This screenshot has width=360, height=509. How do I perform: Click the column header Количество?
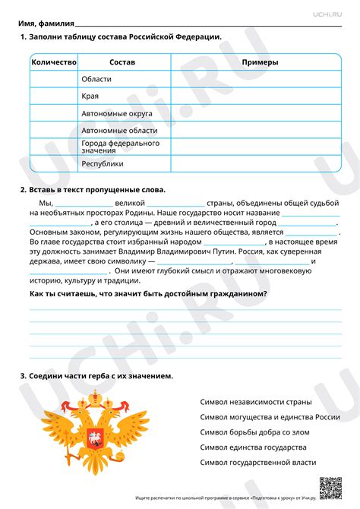click(x=54, y=62)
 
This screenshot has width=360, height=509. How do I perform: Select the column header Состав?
click(x=122, y=62)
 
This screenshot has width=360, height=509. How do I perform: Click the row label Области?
click(x=96, y=78)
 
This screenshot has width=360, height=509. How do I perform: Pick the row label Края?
click(x=90, y=96)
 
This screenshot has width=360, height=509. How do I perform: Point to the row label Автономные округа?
click(x=117, y=113)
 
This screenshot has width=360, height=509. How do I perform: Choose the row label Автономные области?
click(x=118, y=130)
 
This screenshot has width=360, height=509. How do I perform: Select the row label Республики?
click(x=103, y=163)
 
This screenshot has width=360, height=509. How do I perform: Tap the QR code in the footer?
click(x=330, y=485)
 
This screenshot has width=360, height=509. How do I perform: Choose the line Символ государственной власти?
click(x=258, y=462)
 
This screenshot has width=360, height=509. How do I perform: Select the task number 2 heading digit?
click(x=24, y=189)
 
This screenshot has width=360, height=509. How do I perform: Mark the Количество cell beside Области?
click(x=54, y=78)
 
